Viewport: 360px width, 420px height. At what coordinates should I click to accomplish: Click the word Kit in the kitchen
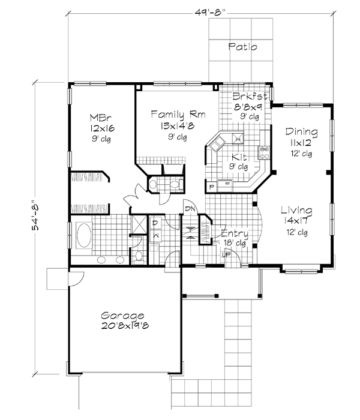[x=238, y=157]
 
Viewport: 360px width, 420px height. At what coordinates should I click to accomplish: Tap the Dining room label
[x=302, y=132]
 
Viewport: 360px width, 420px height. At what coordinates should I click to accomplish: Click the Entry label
[x=234, y=233]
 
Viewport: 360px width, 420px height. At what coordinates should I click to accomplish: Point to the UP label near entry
[x=226, y=255]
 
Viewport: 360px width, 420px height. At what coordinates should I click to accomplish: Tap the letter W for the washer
[x=155, y=236]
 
